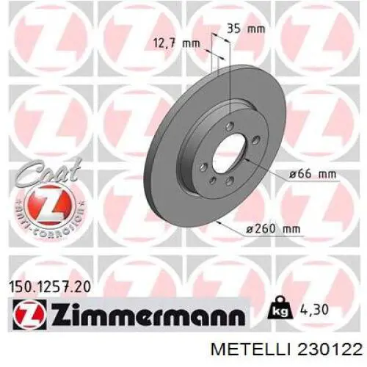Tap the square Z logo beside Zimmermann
[x=23, y=316]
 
